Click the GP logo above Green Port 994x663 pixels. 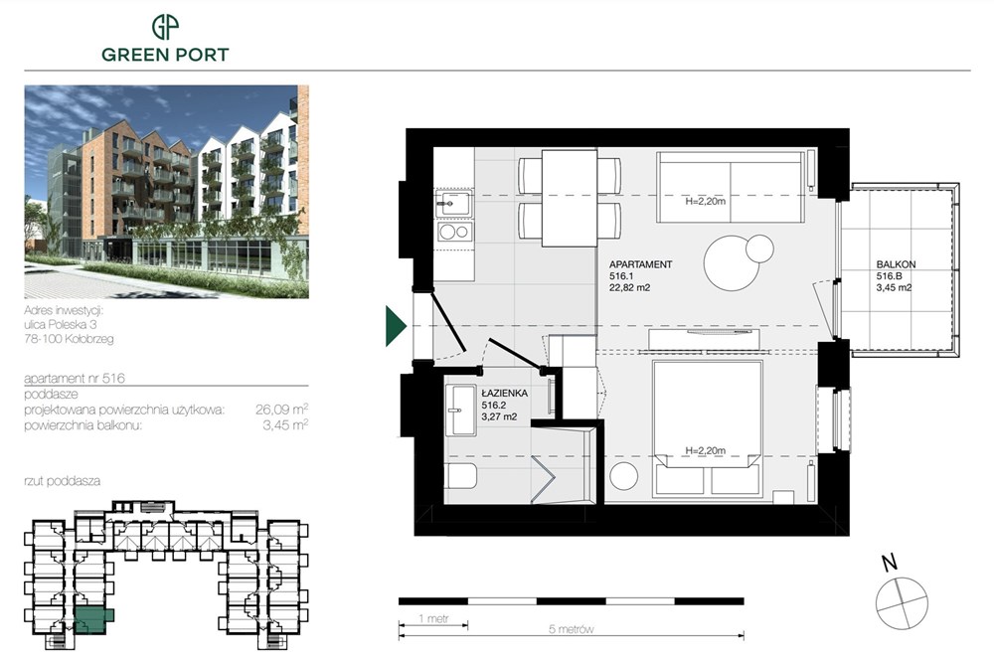click(165, 27)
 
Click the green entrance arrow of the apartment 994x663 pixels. click(395, 327)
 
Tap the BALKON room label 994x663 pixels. click(896, 264)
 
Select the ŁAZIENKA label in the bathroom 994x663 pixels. click(504, 394)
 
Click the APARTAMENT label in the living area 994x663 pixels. click(640, 265)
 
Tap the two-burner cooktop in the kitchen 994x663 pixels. click(454, 234)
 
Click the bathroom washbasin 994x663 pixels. click(460, 409)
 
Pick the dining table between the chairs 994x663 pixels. click(569, 197)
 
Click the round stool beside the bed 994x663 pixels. click(623, 475)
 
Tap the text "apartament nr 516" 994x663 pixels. click(72, 379)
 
